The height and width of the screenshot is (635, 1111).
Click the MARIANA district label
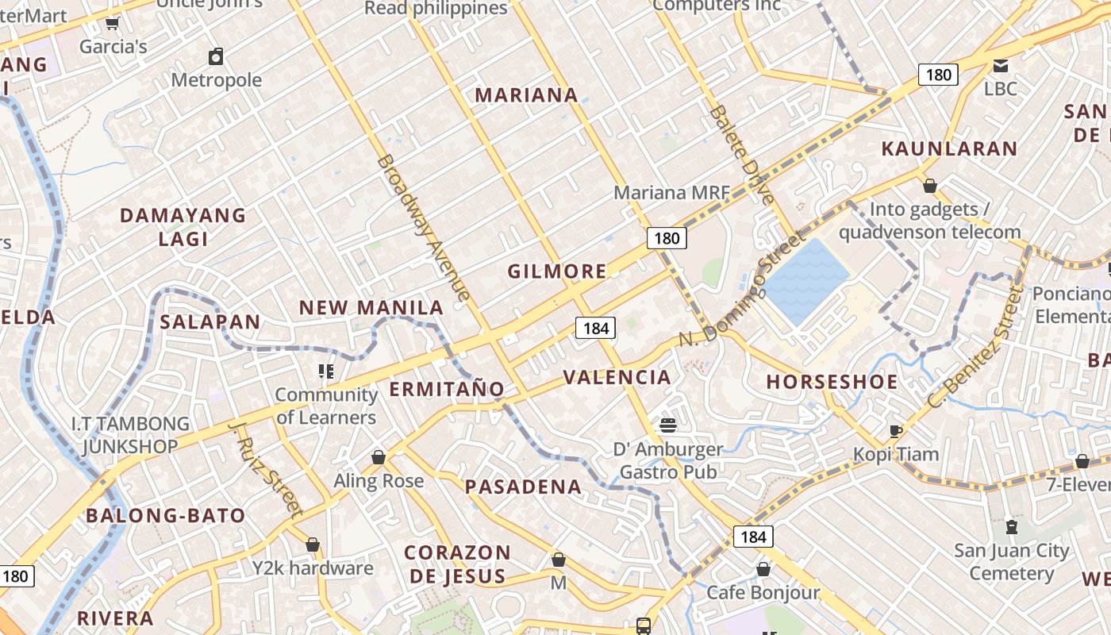coord(526,95)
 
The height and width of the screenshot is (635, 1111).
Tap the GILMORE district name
coord(557,271)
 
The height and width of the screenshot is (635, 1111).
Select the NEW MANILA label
coord(371,308)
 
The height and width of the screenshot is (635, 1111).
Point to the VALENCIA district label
coord(617,377)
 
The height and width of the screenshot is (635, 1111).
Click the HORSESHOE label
coord(832,382)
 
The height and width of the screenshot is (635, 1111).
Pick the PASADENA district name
coord(523,487)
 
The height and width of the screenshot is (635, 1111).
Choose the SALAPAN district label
coord(210,321)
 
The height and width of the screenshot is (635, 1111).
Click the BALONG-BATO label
coord(166,515)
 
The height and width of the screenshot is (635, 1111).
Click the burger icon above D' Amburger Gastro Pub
coord(668,425)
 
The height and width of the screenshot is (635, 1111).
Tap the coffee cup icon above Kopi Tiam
coord(896,431)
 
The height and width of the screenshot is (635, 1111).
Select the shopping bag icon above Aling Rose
coord(379,457)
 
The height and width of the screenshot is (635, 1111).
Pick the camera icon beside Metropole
coord(215,56)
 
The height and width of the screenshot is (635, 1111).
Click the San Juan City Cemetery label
coord(1011,562)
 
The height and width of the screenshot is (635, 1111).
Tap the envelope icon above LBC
coord(1000,65)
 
